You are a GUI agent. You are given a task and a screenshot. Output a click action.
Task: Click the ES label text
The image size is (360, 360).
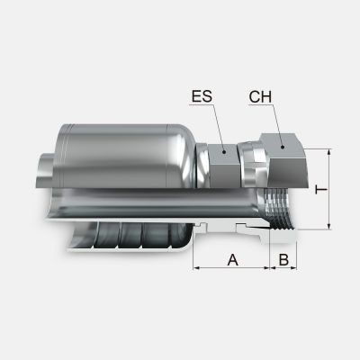coord(202,96)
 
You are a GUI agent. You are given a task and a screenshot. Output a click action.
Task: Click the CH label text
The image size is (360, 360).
coord(260,97)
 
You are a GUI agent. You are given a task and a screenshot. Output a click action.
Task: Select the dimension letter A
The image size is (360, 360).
coord(233,260)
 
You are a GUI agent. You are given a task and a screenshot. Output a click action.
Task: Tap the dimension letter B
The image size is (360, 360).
coord(283,260)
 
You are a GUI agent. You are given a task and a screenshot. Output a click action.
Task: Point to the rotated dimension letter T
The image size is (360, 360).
coord(321,190)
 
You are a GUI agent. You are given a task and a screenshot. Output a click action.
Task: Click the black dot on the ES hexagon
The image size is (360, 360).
coord(224,152)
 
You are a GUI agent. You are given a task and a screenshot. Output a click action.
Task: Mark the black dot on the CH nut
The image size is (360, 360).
coord(283,147)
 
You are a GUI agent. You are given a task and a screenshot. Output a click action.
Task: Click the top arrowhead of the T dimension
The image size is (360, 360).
coord(329,152)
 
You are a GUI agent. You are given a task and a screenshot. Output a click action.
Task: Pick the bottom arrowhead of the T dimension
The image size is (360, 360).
coord(329,226)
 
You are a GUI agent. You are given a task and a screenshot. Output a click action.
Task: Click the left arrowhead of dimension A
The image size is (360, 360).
coord(196,267)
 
